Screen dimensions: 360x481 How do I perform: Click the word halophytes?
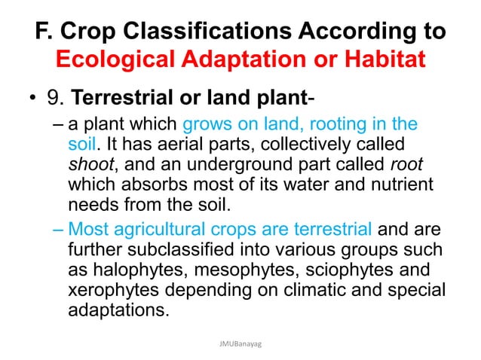point(136,270)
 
